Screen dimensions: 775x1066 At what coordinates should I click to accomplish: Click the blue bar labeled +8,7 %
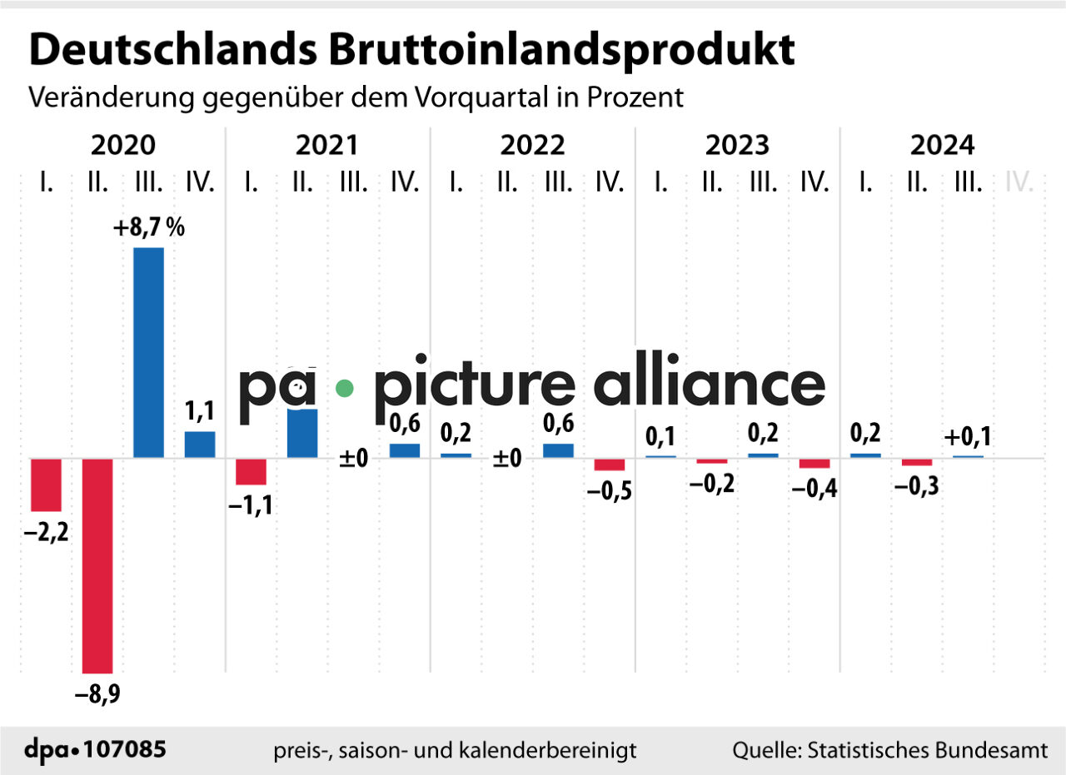[x=149, y=352]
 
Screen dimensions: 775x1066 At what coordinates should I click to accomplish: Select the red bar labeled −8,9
[x=97, y=565]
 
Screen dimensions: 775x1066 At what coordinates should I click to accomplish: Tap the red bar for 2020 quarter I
[x=46, y=484]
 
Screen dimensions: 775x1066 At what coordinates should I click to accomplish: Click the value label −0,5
[x=610, y=490]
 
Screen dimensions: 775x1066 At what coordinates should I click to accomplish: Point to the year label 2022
[x=532, y=146]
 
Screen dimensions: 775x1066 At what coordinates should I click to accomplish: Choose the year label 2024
[x=942, y=146]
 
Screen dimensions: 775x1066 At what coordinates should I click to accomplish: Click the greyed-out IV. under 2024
[x=1019, y=181]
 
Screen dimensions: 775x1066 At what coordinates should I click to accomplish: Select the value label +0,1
[x=969, y=436]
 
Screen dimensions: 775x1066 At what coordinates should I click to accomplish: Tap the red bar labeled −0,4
[x=814, y=464]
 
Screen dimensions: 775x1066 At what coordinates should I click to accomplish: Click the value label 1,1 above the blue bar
[x=200, y=411]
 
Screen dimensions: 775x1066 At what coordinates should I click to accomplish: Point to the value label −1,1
[x=251, y=504]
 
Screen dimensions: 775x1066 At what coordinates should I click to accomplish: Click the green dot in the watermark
[x=345, y=387]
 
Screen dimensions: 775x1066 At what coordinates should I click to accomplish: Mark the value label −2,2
[x=46, y=530]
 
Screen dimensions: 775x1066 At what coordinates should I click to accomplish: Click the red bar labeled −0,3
[x=917, y=462]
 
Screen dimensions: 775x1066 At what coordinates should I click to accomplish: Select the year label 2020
[x=122, y=146]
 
